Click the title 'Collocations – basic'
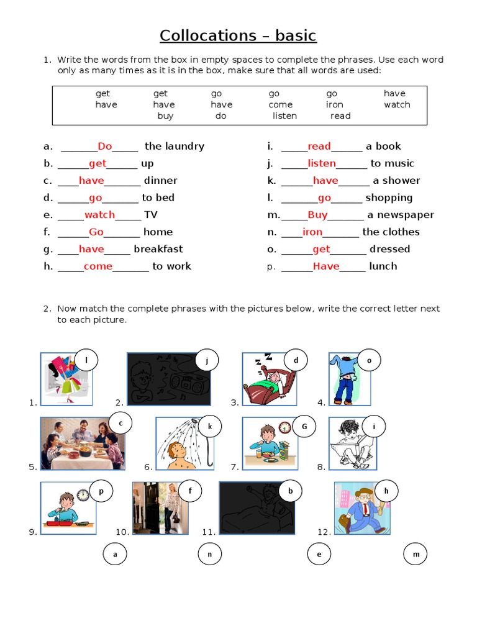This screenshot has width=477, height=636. point(238,35)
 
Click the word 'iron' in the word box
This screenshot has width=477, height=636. point(334,104)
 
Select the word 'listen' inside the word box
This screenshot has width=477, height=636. point(284,116)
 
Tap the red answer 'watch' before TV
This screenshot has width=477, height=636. point(99,215)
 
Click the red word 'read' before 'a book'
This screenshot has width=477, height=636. point(319,147)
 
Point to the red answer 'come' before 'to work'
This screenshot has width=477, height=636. point(98,266)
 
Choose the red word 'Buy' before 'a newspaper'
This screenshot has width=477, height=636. point(317,215)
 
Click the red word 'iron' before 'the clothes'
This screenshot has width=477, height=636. point(312,232)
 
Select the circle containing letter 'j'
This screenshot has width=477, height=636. point(207,360)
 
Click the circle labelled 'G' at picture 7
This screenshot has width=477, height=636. point(304,427)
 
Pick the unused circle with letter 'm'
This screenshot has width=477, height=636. point(416,554)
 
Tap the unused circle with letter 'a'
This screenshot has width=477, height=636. point(115,554)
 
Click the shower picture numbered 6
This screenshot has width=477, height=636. point(184,443)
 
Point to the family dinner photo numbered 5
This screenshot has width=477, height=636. point(83,443)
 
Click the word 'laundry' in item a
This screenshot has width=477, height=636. point(184,147)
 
